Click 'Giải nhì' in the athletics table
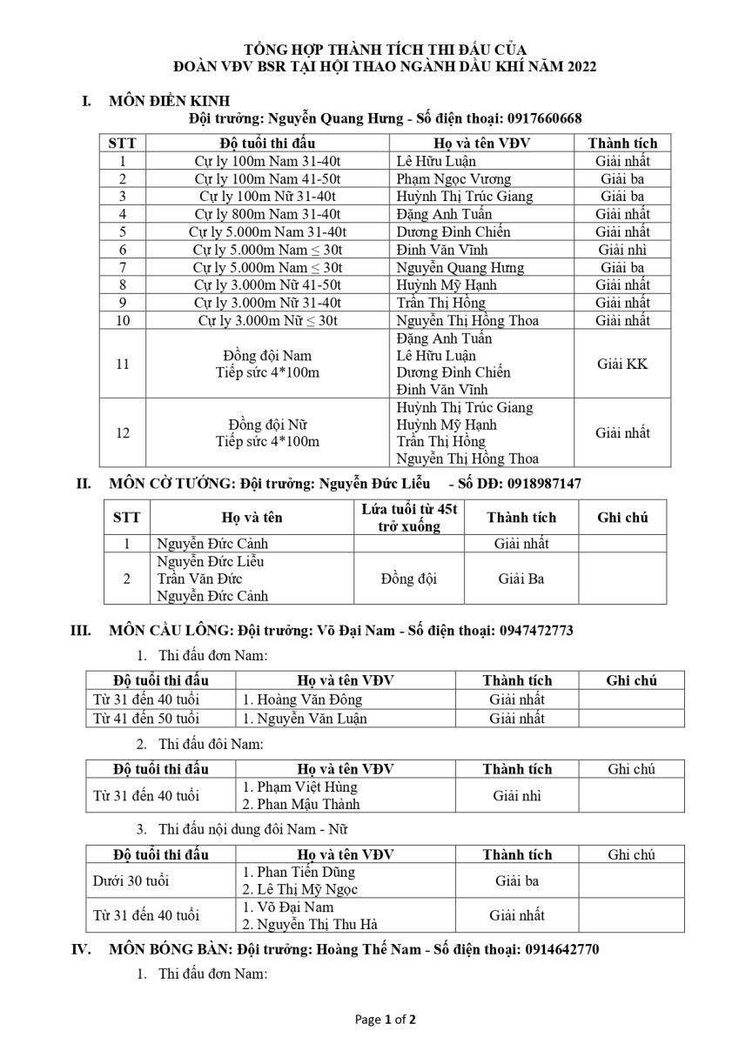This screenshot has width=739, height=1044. coord(621,250)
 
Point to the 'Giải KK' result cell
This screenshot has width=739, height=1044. coord(621,364)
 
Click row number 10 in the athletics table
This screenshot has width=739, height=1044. coord(123,320)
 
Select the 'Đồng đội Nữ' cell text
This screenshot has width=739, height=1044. coord(268,425)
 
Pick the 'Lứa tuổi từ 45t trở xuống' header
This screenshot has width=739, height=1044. coord(409,518)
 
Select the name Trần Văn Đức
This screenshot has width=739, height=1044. coord(198,579)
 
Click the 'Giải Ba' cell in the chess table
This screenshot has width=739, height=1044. coord(521,579)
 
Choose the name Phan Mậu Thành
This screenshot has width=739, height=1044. coord(300,805)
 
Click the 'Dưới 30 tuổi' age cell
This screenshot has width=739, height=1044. coord(131,881)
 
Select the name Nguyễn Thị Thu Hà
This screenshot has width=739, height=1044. coord(309,925)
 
